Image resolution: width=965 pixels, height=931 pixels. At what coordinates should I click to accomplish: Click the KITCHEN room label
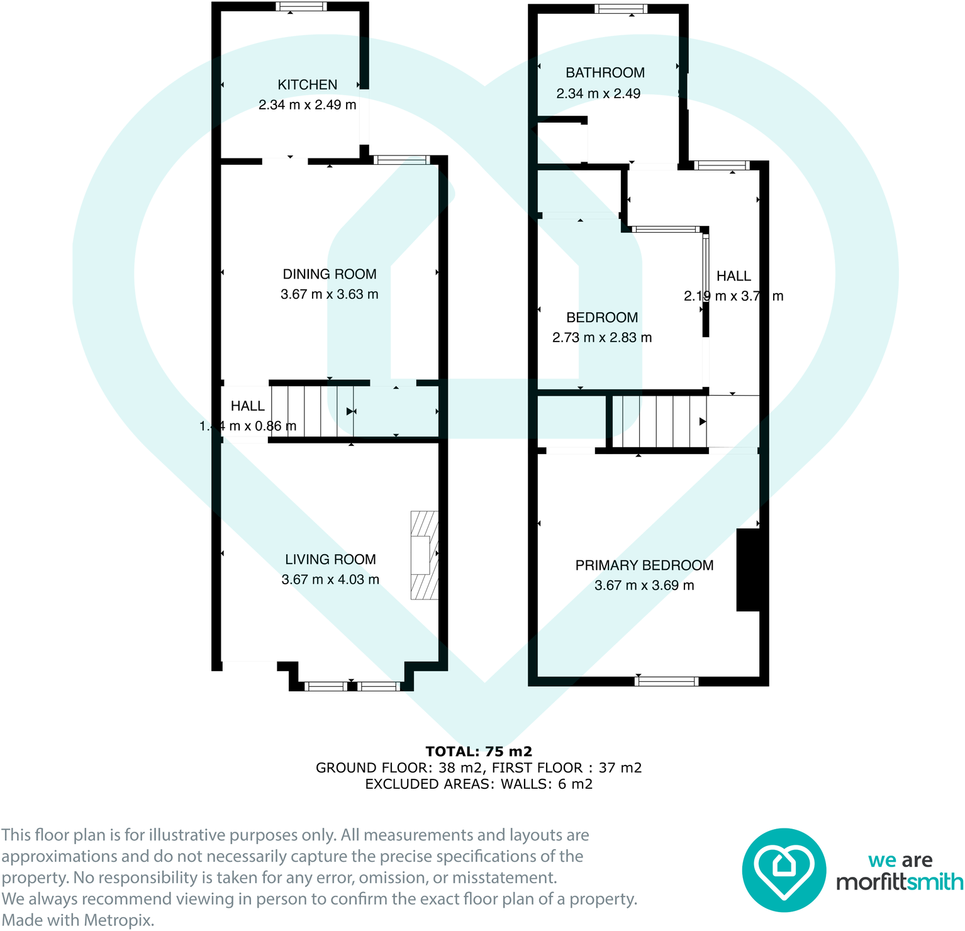(307, 85)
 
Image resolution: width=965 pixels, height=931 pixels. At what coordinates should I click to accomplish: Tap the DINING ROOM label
(329, 274)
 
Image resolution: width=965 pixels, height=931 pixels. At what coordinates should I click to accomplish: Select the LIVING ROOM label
(330, 559)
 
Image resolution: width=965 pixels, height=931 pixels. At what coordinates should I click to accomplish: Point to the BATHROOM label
(605, 73)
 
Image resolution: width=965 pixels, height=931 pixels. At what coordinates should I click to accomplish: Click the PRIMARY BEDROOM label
(644, 565)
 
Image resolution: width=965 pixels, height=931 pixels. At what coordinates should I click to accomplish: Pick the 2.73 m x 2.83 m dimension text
(602, 338)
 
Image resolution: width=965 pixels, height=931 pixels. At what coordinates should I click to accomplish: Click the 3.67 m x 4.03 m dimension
(330, 579)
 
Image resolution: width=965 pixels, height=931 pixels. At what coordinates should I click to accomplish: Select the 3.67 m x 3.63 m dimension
(329, 294)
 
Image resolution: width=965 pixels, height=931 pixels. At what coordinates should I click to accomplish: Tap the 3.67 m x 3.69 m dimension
(644, 585)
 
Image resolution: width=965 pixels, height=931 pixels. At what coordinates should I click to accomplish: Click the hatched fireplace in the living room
(424, 555)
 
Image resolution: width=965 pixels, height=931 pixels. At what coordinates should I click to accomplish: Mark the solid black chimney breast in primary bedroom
(748, 570)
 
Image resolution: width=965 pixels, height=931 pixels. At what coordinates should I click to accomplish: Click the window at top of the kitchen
(301, 7)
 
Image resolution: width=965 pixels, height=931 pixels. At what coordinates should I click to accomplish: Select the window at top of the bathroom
(620, 9)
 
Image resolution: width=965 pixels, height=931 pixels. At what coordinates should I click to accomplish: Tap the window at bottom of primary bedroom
(667, 681)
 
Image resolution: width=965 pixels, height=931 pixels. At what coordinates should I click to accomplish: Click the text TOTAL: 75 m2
(479, 751)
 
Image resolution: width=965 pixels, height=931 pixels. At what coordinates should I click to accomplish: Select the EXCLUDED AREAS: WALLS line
(479, 784)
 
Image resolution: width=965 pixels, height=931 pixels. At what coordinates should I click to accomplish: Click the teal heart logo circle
(784, 870)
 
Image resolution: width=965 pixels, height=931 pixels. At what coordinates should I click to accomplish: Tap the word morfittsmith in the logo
(900, 882)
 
